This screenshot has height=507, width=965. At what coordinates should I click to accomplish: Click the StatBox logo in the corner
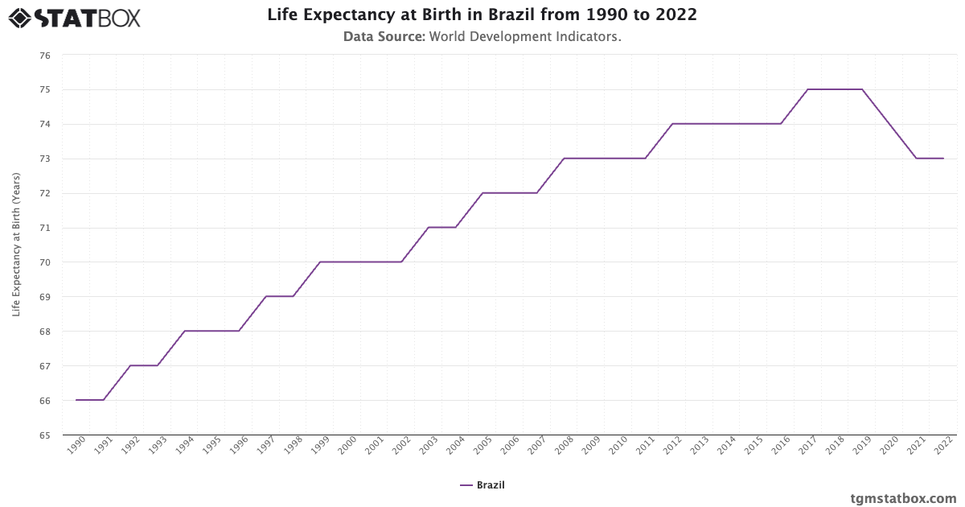[x=74, y=18]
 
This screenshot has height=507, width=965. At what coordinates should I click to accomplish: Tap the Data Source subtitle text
[x=482, y=36]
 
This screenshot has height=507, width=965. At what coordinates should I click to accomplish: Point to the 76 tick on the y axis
[x=44, y=56]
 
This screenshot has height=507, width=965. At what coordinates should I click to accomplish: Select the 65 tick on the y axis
[x=44, y=435]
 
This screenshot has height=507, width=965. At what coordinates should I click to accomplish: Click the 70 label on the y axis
[x=44, y=262]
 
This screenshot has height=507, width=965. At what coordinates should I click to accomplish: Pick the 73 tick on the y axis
[x=44, y=159]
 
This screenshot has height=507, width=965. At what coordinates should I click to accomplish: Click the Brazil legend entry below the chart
[x=482, y=485]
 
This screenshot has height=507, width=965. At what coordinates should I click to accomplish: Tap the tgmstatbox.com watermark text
[x=903, y=498]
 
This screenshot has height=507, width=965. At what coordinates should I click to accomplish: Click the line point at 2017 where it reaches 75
[x=808, y=89]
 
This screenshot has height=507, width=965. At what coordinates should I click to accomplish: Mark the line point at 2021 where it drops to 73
[x=917, y=159]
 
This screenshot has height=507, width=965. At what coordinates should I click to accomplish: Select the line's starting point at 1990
[x=76, y=400]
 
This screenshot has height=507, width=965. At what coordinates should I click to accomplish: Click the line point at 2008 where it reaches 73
[x=565, y=159]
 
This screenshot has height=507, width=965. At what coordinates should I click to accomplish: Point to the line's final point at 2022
[x=943, y=159]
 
